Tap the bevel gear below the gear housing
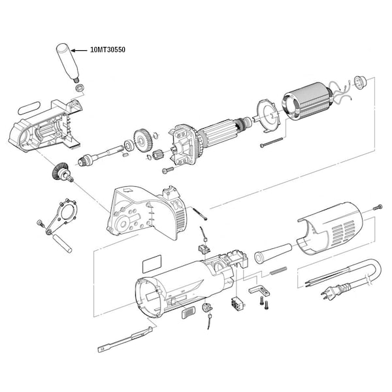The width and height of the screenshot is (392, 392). [x=61, y=173]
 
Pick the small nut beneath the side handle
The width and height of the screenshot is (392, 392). [x=79, y=88]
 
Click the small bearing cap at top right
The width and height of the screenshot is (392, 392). [x=359, y=82]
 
